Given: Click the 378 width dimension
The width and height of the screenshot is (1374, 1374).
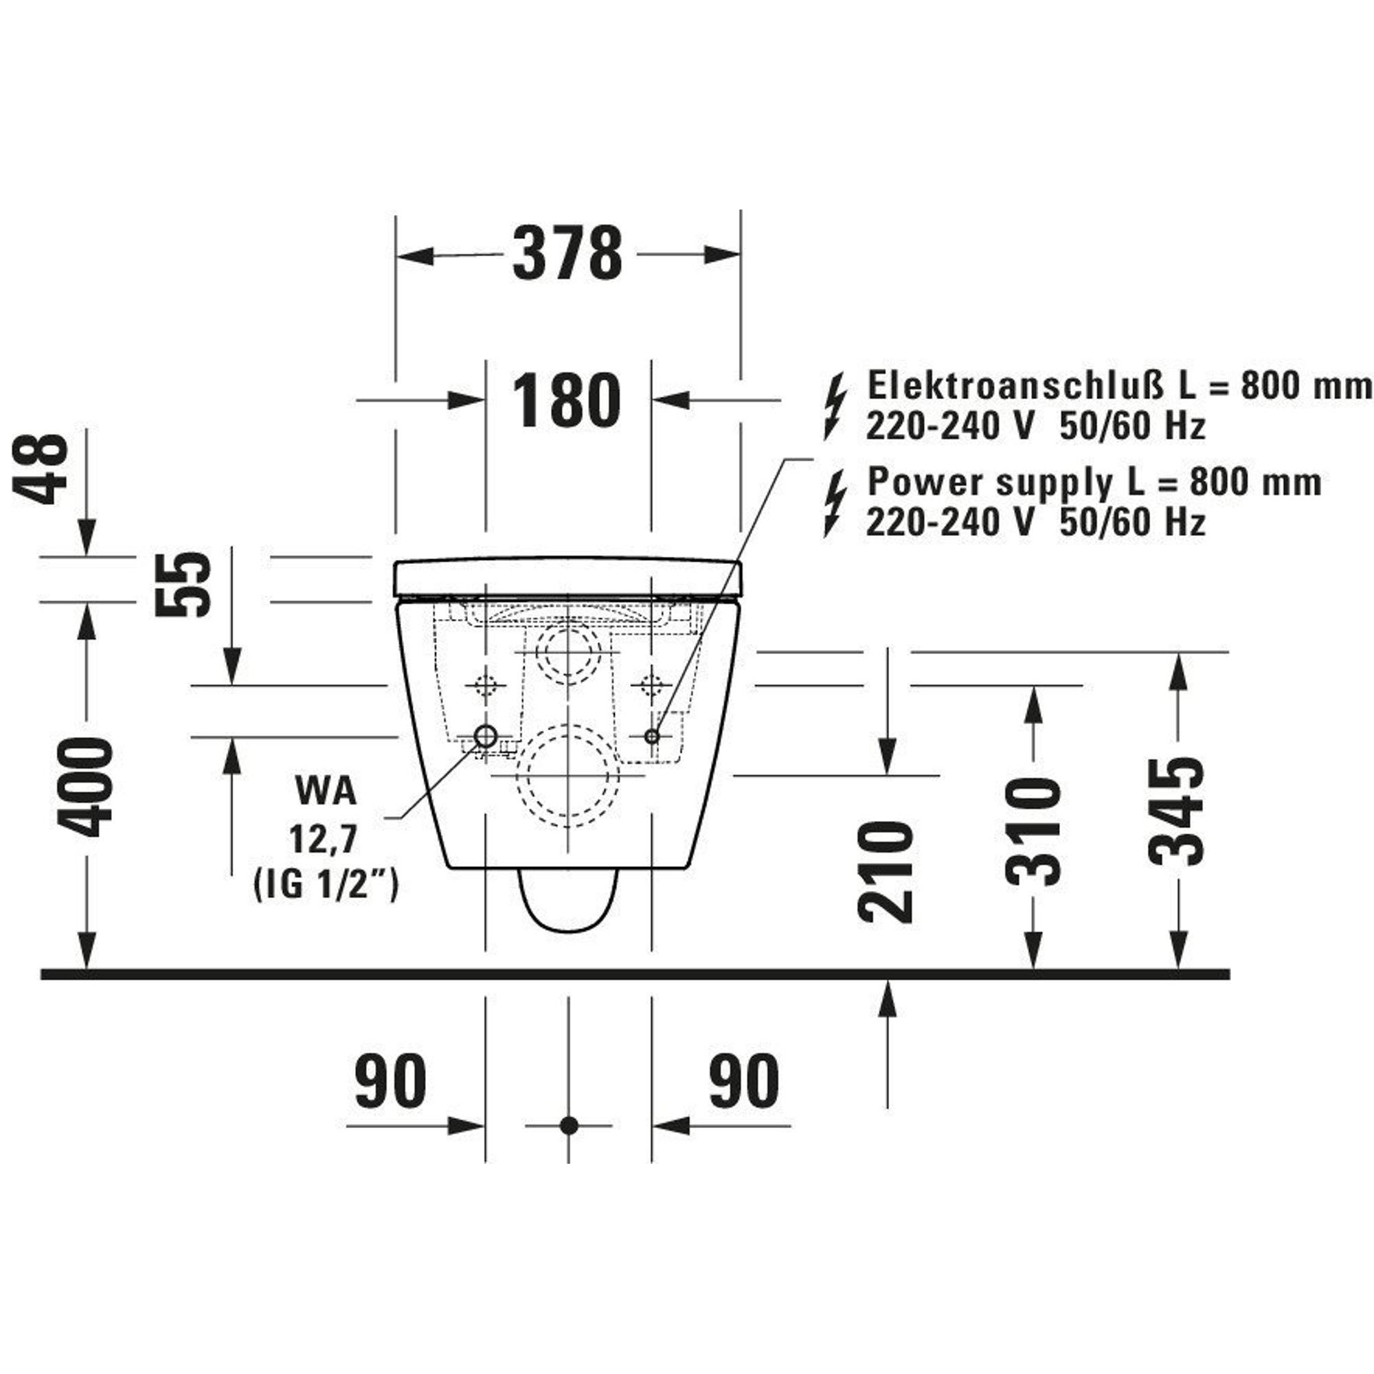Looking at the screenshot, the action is [567, 254].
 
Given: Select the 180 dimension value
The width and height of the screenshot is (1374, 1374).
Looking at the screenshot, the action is [567, 400].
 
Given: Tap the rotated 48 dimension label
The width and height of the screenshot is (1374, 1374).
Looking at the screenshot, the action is [41, 469].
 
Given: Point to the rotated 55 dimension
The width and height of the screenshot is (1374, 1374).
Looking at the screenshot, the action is [184, 584].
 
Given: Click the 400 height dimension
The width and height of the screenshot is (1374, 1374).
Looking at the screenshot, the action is [85, 787].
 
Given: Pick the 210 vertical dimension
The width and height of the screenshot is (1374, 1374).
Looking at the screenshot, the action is [886, 872].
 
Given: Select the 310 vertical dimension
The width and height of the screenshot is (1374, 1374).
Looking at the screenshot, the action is [1032, 831].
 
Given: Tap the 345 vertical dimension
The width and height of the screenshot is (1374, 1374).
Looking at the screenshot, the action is [1177, 811].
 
